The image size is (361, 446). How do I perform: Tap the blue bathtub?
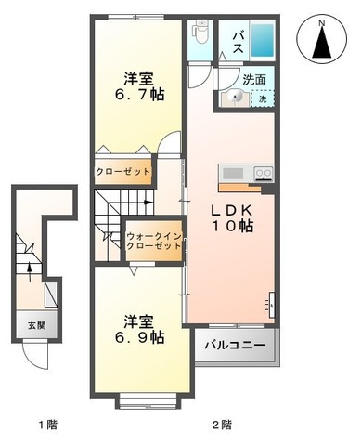click(x=263, y=39)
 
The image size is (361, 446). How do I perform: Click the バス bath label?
click(x=238, y=43)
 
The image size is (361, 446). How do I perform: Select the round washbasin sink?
click(x=235, y=98)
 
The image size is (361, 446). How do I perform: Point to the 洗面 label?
click(x=254, y=80)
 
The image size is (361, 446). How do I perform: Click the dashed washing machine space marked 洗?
click(x=263, y=98)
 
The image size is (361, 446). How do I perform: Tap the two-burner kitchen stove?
click(x=264, y=174)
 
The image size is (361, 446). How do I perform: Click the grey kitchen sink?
click(x=233, y=174)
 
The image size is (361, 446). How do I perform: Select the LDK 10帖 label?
click(x=232, y=218)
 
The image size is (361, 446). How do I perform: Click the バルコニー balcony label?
click(x=235, y=345)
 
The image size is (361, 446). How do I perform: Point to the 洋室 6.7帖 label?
click(x=139, y=86)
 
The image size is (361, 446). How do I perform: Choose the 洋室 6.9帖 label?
click(x=139, y=330)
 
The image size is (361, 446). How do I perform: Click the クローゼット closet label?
click(x=123, y=171)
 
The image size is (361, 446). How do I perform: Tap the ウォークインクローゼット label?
click(x=154, y=242)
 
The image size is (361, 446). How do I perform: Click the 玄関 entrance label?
click(x=37, y=325)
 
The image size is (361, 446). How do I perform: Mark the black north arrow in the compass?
click(x=322, y=42)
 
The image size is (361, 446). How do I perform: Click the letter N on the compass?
click(x=322, y=23)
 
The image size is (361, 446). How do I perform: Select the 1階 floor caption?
click(x=48, y=425)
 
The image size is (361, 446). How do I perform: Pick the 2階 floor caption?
click(x=222, y=425)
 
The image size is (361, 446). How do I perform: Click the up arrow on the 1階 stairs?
click(x=30, y=272)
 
